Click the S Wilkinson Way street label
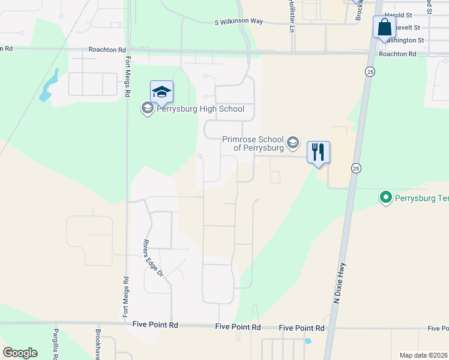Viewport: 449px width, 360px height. (x=239, y=22)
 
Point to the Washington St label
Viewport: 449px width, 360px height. (x=403, y=40)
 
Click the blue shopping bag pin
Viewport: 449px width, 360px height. (x=384, y=28)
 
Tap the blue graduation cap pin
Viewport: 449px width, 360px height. (x=161, y=92)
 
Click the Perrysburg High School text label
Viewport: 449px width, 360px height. (x=200, y=109)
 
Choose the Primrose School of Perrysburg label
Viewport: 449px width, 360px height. (x=253, y=143)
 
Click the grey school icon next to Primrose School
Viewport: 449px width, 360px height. (x=293, y=142)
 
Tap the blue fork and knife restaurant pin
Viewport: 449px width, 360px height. (x=318, y=152)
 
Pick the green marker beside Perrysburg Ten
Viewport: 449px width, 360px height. (x=385, y=197)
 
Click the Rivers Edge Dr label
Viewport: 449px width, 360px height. (x=152, y=258)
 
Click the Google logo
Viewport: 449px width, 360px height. (x=20, y=353)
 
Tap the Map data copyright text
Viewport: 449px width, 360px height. (x=423, y=355)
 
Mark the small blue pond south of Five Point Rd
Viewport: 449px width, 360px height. (x=307, y=341)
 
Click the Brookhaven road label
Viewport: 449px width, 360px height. (x=98, y=344)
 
